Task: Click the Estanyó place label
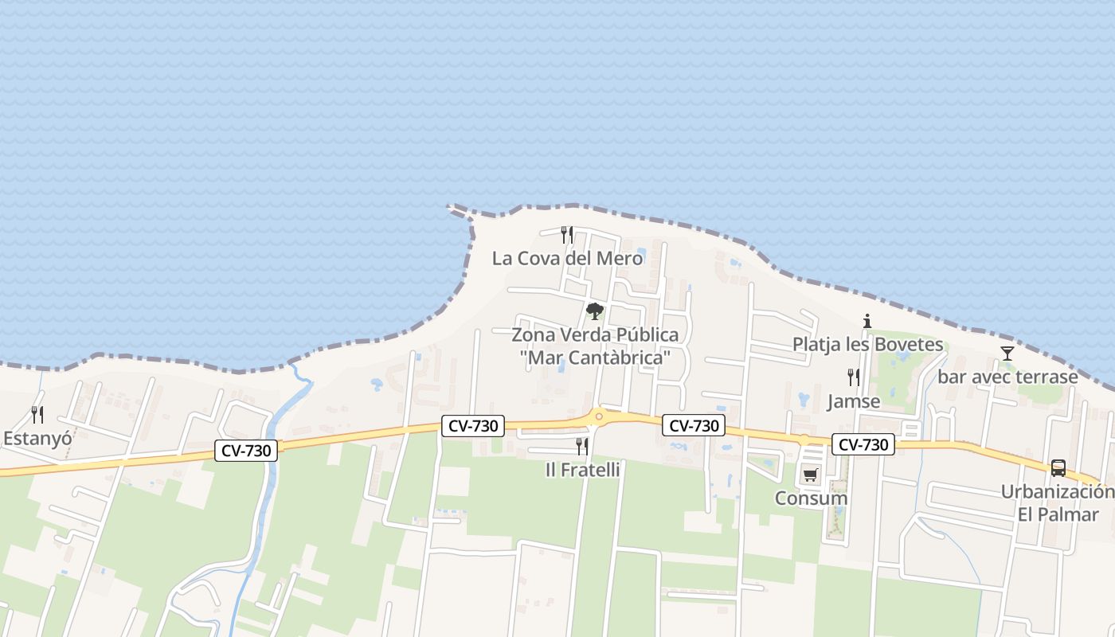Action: point(37,438)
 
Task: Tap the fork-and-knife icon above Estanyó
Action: point(37,414)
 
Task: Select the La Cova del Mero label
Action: point(567,258)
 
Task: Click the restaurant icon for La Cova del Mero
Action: point(567,234)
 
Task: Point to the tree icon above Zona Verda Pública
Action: point(595,311)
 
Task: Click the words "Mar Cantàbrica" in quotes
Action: point(595,358)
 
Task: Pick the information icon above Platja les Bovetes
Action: point(867,322)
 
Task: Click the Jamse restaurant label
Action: point(854,401)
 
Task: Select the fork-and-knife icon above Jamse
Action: point(854,377)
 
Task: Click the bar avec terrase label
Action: point(1007,377)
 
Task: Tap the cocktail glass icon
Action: point(1007,354)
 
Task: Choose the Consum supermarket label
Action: point(811,498)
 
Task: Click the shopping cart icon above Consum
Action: point(811,475)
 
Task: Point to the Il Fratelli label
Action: point(582,470)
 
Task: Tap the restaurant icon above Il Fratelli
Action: point(582,446)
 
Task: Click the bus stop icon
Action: point(1058,468)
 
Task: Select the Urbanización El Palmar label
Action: point(1058,502)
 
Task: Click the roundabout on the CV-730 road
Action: point(599,415)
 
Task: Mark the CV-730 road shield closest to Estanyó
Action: point(247,451)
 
